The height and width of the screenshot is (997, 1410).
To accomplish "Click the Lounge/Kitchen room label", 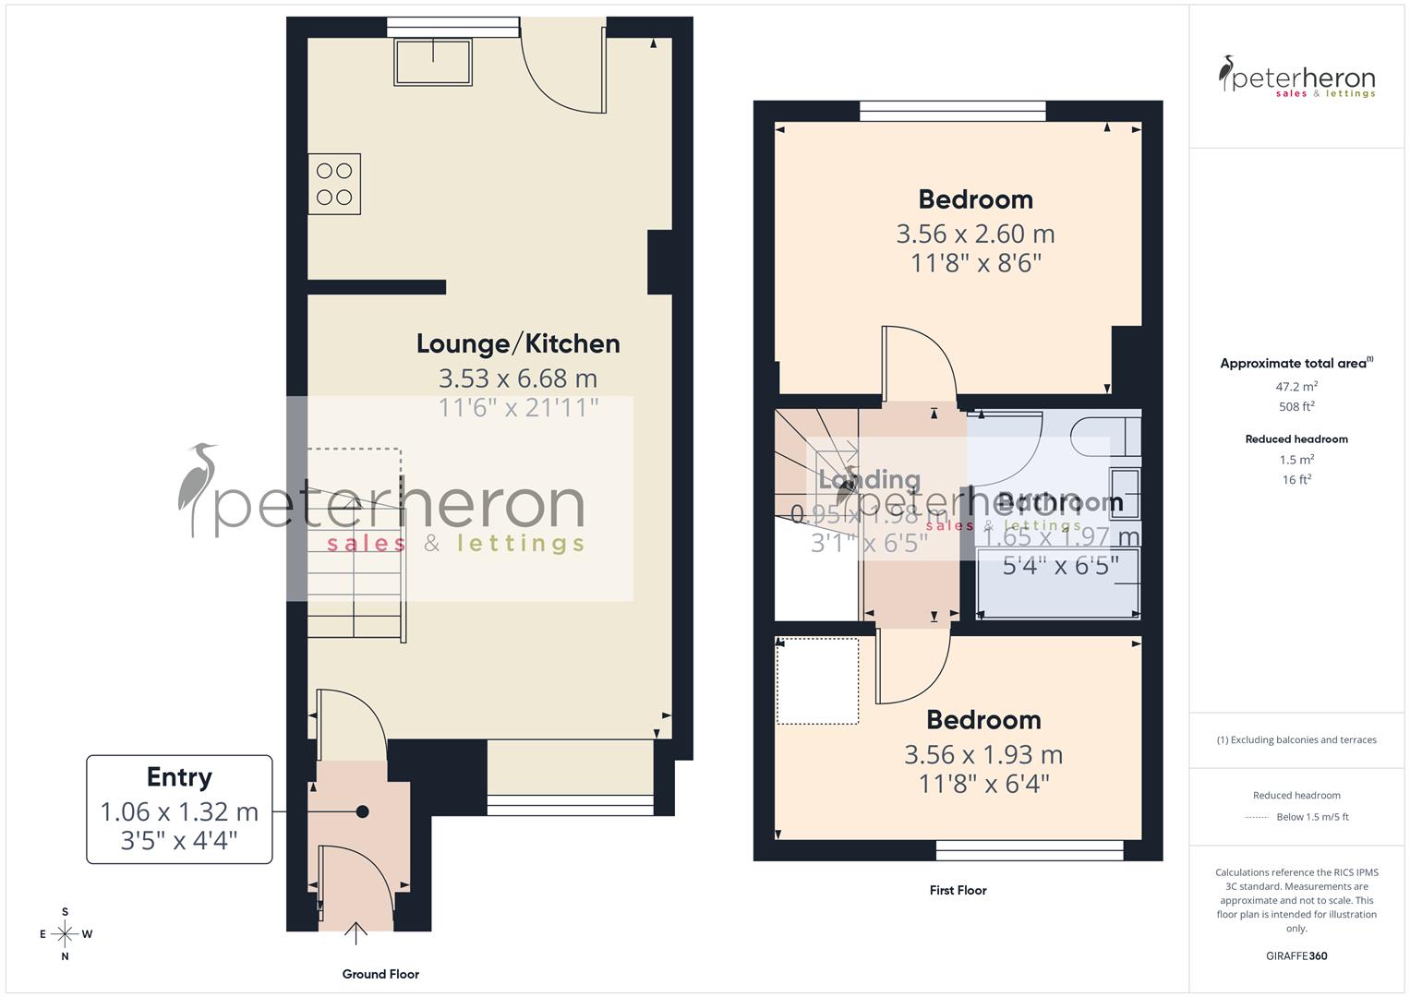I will (x=517, y=343).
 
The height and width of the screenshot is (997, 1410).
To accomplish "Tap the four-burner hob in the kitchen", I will (x=334, y=184).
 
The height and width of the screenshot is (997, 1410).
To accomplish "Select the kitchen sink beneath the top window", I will (x=433, y=61).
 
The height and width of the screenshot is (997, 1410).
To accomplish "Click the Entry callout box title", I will (x=179, y=777).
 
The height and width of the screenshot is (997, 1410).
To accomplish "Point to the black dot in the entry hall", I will (x=363, y=811).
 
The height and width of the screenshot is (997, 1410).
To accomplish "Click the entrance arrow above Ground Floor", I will (x=356, y=932).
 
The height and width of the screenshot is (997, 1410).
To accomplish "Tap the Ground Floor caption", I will (x=380, y=974).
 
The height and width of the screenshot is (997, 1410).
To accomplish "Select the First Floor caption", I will (x=958, y=890).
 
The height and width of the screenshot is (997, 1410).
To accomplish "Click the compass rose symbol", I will (x=65, y=934).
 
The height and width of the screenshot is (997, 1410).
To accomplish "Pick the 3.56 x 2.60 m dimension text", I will (x=975, y=234).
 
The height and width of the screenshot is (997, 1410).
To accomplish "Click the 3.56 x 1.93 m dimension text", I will (x=982, y=754).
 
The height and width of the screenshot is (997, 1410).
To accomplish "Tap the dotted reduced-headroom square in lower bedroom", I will (x=817, y=681).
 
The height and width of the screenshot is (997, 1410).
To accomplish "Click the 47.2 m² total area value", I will (x=1296, y=387).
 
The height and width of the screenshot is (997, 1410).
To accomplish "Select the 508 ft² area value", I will (x=1296, y=406).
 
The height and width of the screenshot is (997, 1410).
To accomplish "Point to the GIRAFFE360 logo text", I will (x=1296, y=955).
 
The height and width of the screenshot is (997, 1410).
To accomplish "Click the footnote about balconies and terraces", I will (x=1296, y=739).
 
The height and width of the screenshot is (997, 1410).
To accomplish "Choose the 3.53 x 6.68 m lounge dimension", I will (x=517, y=378).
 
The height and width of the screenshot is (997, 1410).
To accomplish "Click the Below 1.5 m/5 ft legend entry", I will (x=1311, y=817).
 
